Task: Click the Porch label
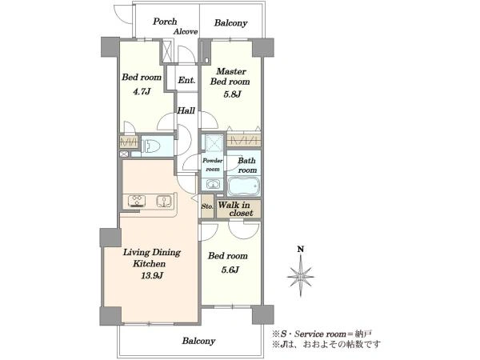click(x=165, y=22)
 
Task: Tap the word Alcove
click(x=186, y=31)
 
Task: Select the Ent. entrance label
click(x=186, y=80)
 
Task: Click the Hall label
click(x=186, y=110)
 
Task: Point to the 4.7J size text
click(x=142, y=91)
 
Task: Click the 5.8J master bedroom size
click(x=232, y=94)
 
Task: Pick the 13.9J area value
click(x=151, y=275)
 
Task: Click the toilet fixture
click(x=151, y=146)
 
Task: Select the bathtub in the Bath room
click(x=244, y=186)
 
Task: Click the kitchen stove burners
click(x=137, y=201)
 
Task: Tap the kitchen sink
click(x=164, y=201)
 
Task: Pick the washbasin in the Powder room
click(x=213, y=184)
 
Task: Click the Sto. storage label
click(x=207, y=206)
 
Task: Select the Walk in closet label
click(x=235, y=209)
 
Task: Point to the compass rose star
click(x=301, y=276)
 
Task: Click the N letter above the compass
click(x=301, y=249)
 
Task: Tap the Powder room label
click(x=213, y=165)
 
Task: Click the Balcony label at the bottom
click(x=198, y=341)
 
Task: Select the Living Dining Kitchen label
click(x=152, y=258)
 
